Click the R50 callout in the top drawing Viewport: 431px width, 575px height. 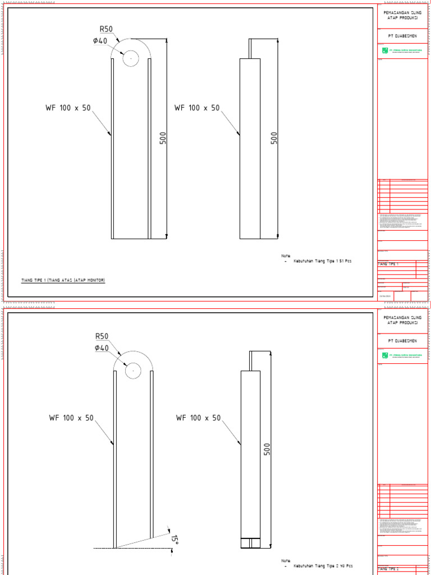click(107, 29)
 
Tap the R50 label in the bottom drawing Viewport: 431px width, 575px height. click(102, 336)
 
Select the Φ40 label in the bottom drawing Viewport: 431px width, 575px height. click(102, 348)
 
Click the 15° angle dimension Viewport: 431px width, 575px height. click(175, 540)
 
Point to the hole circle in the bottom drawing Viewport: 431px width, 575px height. click(133, 371)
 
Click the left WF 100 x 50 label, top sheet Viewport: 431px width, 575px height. click(68, 108)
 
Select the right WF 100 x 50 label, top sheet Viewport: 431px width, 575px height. click(197, 108)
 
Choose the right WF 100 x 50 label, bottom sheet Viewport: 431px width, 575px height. click(199, 418)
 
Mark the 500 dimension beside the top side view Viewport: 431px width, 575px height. click(274, 138)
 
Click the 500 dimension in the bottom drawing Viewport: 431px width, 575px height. click(267, 449)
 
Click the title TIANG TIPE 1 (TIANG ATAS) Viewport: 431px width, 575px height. click(63, 280)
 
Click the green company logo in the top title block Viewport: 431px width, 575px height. click(385, 51)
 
